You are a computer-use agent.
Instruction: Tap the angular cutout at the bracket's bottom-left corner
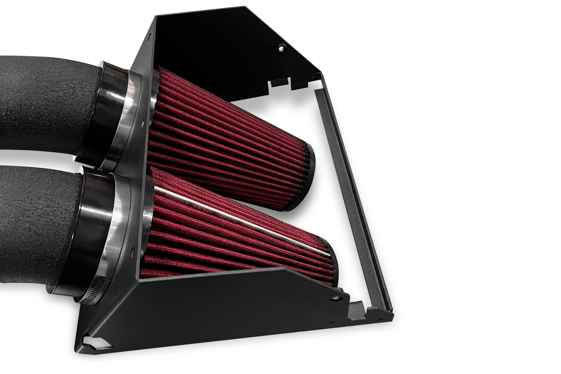[x=93, y=341]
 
